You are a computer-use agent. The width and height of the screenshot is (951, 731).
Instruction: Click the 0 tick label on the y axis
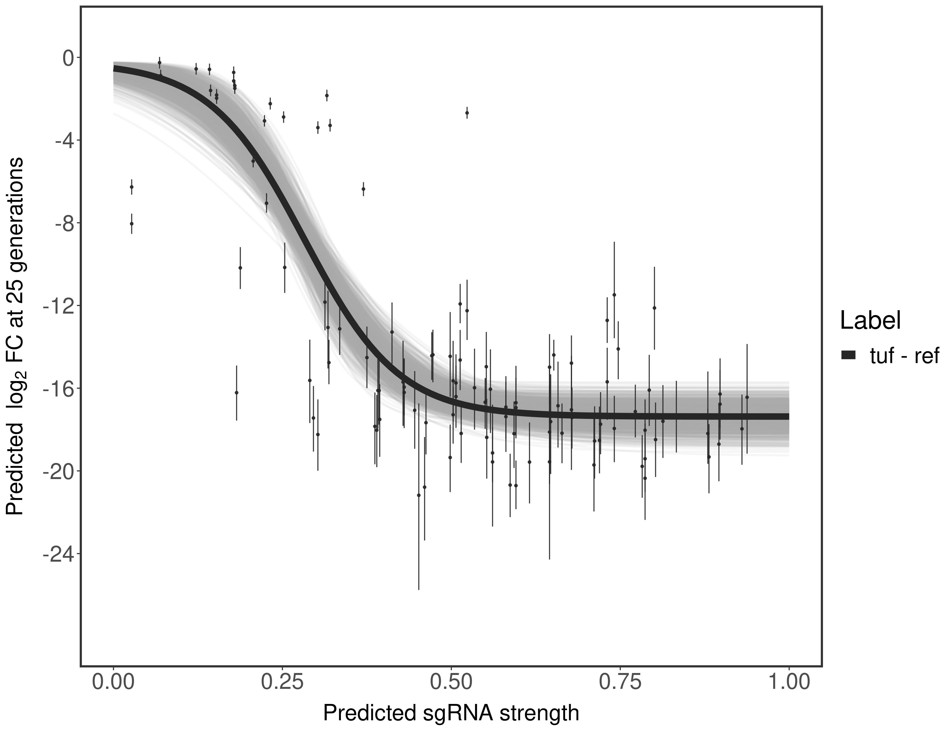click(68, 58)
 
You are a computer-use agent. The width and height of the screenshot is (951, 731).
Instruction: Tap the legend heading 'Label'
click(870, 321)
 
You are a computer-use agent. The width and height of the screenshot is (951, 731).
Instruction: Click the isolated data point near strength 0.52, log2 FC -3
click(467, 113)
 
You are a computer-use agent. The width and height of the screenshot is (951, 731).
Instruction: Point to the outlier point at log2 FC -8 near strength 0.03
click(131, 224)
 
